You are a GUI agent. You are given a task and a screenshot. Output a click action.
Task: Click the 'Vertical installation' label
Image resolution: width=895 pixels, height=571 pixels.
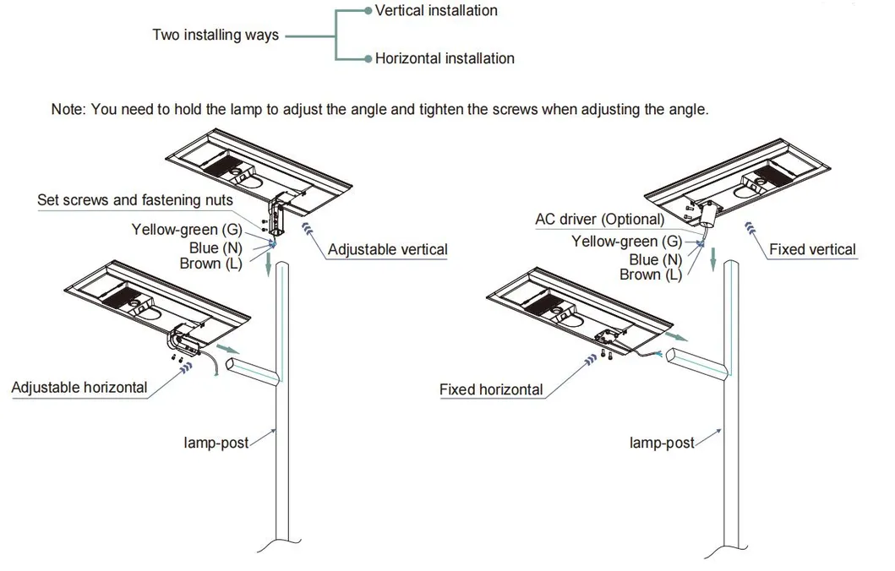pos(436,11)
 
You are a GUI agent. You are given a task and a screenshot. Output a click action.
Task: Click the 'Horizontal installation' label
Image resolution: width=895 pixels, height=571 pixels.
pos(445,58)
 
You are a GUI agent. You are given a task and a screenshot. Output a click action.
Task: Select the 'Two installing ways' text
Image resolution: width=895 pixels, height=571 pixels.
pos(216,35)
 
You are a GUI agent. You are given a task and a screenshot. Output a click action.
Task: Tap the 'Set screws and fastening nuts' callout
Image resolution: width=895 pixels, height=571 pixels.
pos(135,200)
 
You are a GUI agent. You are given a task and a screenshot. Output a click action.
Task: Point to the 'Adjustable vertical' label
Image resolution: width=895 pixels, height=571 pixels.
pos(388,249)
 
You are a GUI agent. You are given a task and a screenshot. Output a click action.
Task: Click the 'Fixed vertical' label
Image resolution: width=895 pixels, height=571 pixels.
pos(812,249)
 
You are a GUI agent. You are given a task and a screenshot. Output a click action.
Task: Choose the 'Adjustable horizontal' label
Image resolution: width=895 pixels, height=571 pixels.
pos(79,388)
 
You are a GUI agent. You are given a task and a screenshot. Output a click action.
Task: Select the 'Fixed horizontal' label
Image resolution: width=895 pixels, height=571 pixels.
pos(491,390)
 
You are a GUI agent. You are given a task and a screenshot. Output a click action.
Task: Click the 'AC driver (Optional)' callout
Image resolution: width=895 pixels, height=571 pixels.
pos(599,220)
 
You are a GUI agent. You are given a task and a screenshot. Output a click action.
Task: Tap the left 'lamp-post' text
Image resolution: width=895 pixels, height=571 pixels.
pos(216,442)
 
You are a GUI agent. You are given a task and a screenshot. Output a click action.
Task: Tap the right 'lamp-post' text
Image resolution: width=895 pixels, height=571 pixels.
pos(662,443)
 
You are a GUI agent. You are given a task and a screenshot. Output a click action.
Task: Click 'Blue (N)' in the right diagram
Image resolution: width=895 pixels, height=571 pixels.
pos(656,260)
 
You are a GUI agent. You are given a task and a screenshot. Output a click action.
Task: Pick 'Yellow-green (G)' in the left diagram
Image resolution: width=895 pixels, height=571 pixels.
pos(187,230)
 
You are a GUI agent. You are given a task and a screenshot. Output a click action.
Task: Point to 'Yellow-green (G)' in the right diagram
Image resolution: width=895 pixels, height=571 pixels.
pos(626,242)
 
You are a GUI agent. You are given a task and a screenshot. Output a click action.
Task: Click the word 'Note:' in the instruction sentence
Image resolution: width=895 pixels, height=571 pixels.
pos(68,110)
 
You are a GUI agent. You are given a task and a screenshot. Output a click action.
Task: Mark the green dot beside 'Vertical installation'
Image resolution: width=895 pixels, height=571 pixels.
pos(368,11)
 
